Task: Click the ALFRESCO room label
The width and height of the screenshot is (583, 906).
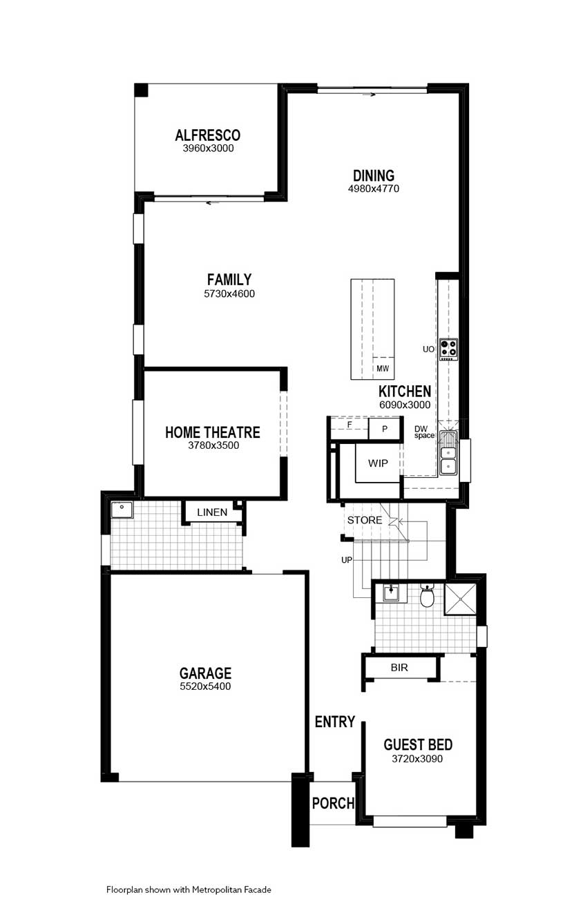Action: coord(207,135)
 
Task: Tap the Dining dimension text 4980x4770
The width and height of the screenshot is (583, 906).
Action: coord(374,189)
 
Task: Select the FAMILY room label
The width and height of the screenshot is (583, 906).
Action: coord(229,280)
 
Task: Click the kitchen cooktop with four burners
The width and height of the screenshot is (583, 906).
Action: coord(449,349)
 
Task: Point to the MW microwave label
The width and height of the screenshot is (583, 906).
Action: coord(382,369)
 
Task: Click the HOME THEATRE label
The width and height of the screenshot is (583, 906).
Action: coord(212,432)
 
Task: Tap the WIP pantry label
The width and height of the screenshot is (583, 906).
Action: coord(378,463)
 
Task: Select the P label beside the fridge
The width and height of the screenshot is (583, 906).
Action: coord(384,429)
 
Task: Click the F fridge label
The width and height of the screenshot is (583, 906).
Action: coord(350,425)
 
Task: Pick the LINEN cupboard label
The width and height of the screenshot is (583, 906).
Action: coord(212,512)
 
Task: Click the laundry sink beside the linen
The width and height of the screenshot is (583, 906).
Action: coord(122,510)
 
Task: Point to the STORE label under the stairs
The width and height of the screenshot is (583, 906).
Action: coord(365,520)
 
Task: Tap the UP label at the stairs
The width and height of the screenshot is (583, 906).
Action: coord(347,560)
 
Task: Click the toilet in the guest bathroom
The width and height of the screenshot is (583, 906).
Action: coord(427,595)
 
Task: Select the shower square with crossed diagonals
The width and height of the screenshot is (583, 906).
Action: coord(461,599)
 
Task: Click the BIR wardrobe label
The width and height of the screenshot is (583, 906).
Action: coord(399,668)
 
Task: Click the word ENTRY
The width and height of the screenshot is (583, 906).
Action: coord(335,722)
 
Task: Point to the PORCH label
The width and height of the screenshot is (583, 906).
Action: coord(334,803)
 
